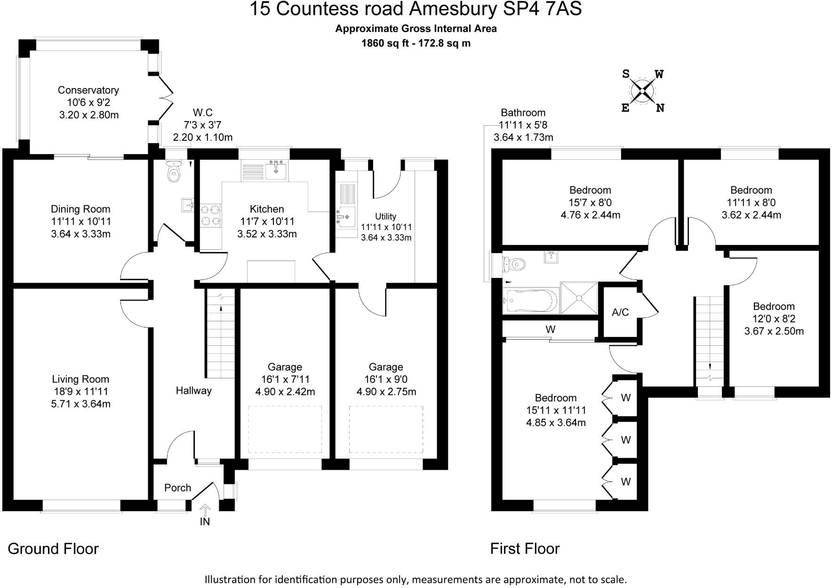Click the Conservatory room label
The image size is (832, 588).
coord(88,90)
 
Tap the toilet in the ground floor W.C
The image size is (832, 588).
coord(174,173)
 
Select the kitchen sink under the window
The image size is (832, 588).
coord(275,170)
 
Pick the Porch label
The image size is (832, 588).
coord(177,488)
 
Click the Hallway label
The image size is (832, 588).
coord(193,390)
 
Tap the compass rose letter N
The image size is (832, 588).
coord(660,108)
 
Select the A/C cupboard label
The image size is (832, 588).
coord(620,312)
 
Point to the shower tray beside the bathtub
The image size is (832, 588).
coord(579,298)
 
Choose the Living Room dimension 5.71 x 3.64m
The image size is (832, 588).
coord(80,404)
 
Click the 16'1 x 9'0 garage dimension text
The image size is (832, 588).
coord(386,379)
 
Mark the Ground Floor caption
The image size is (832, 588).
coord(53,548)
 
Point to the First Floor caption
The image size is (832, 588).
coord(525,548)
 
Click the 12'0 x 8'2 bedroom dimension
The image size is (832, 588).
coord(774,318)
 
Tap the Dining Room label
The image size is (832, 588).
coord(80,209)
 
